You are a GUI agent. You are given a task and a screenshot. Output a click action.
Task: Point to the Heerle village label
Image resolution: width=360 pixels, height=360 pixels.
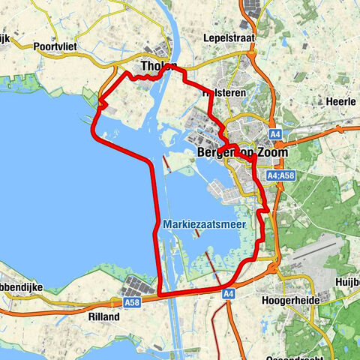[x=334, y=100]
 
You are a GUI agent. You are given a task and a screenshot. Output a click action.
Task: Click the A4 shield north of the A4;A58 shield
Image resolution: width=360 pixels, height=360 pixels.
[x=276, y=134]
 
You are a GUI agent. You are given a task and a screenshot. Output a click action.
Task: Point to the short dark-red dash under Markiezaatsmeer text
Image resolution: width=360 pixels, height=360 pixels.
[x=197, y=233]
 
